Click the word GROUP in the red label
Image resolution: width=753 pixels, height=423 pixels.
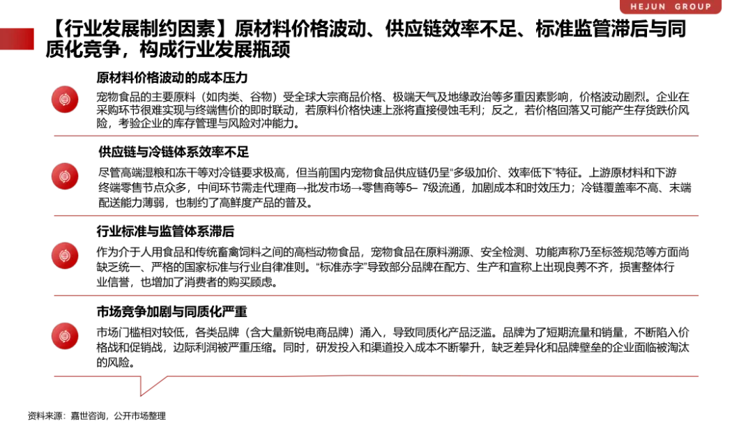click(693, 7)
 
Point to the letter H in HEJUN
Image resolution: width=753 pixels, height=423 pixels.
click(634, 7)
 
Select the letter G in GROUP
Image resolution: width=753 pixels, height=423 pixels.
click(678, 7)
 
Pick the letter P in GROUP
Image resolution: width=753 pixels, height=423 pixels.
click(708, 7)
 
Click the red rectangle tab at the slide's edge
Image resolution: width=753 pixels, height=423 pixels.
click(17, 39)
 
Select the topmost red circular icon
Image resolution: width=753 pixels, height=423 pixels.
click(65, 100)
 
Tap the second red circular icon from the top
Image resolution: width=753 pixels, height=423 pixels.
click(65, 176)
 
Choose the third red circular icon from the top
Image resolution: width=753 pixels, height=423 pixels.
click(65, 256)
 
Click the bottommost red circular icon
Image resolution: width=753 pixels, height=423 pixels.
click(65, 336)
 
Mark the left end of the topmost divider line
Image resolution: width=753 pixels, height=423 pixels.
click(52, 136)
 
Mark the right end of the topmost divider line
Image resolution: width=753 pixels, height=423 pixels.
click(701, 136)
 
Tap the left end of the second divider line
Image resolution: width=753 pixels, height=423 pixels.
click(52, 215)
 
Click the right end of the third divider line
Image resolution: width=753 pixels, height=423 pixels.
click(701, 295)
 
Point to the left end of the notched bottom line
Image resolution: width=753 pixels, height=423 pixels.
click(52, 376)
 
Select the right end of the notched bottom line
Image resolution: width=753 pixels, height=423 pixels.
click(701, 376)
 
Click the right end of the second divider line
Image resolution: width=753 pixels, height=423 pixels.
click(701, 215)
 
